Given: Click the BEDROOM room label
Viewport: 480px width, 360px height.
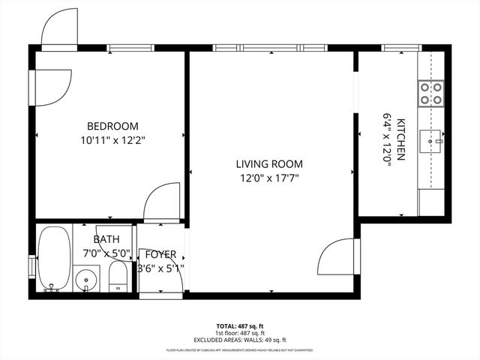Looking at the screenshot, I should pyautogui.click(x=112, y=126).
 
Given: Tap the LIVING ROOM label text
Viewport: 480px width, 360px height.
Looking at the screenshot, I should pyautogui.click(x=269, y=164).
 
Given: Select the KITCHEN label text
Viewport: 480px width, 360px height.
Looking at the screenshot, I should pyautogui.click(x=401, y=139).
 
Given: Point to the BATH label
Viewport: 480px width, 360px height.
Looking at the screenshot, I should pyautogui.click(x=106, y=239).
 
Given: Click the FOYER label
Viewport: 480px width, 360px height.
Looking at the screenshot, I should pyautogui.click(x=160, y=254).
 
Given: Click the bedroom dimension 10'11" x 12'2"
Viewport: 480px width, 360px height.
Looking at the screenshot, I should pyautogui.click(x=112, y=140).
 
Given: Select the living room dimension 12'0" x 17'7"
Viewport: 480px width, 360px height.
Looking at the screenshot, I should pyautogui.click(x=269, y=178).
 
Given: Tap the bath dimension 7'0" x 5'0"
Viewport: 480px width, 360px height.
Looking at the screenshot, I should pyautogui.click(x=106, y=253).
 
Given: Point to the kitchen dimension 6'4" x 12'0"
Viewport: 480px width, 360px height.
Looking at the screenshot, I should pyautogui.click(x=388, y=139).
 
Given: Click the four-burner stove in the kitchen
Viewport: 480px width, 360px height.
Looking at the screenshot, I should pyautogui.click(x=430, y=92).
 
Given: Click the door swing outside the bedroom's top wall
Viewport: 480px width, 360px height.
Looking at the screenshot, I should pyautogui.click(x=59, y=30).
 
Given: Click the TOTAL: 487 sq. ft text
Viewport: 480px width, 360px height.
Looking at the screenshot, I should pyautogui.click(x=239, y=326).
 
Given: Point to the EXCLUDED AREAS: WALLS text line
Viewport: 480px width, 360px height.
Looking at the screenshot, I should pyautogui.click(x=239, y=338).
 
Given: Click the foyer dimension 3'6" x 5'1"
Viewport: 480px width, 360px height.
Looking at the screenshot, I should pyautogui.click(x=160, y=268).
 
